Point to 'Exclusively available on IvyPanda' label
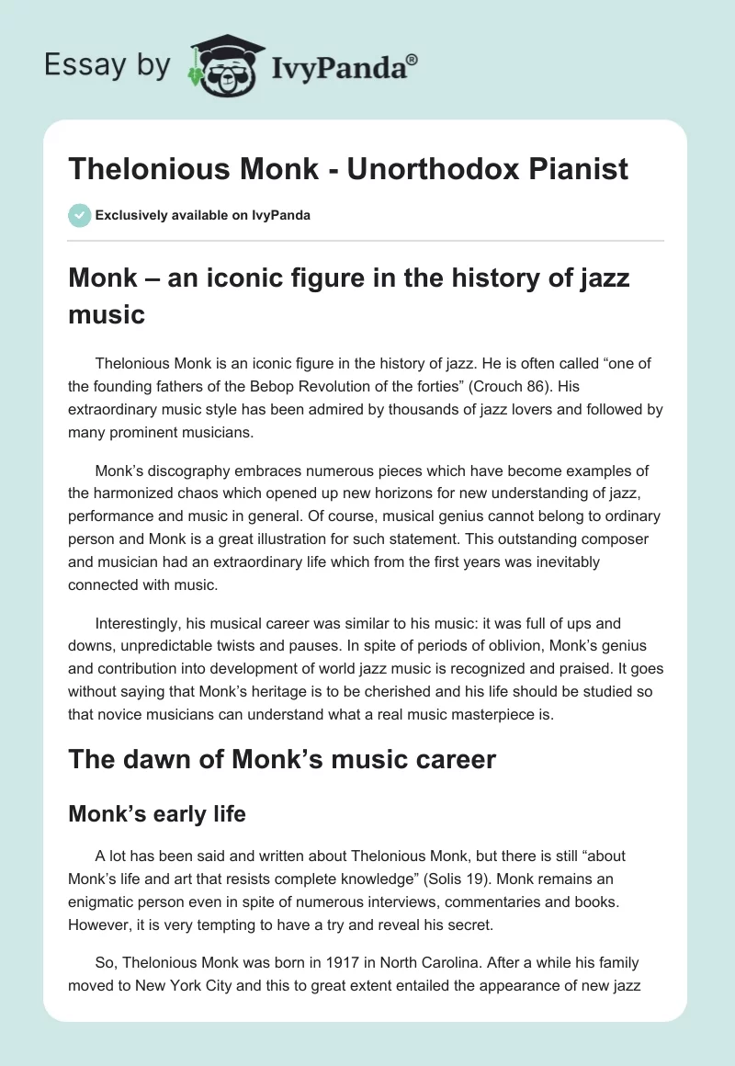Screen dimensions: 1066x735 point(202,215)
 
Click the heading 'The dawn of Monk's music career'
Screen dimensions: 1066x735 point(282,759)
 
